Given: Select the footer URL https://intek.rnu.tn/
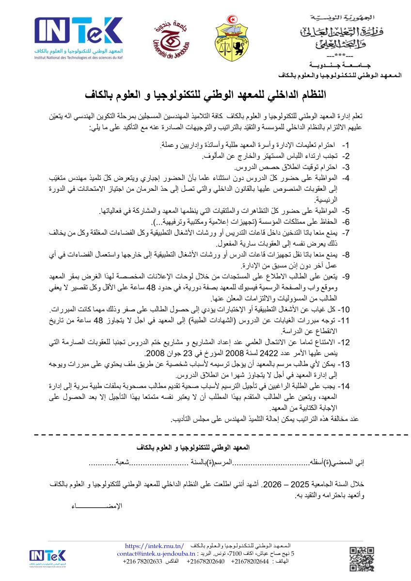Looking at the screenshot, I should tap(154, 545).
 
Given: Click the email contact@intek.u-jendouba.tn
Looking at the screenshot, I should tap(156, 553).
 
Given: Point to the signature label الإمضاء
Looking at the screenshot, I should tap(97, 505).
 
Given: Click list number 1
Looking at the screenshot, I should tap(346, 145).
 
